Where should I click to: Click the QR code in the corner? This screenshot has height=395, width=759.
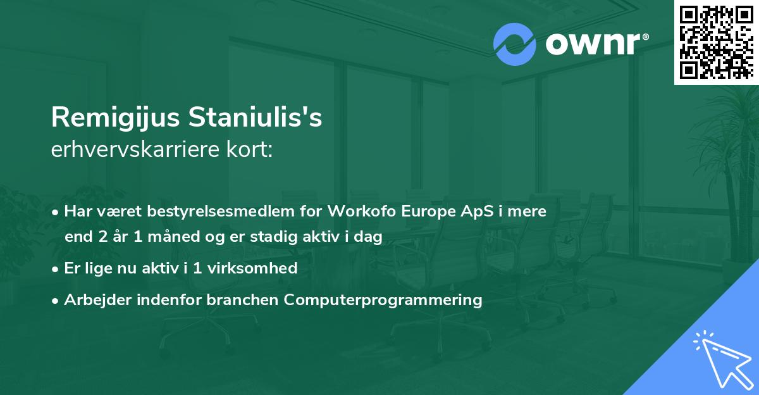click(717, 42)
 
